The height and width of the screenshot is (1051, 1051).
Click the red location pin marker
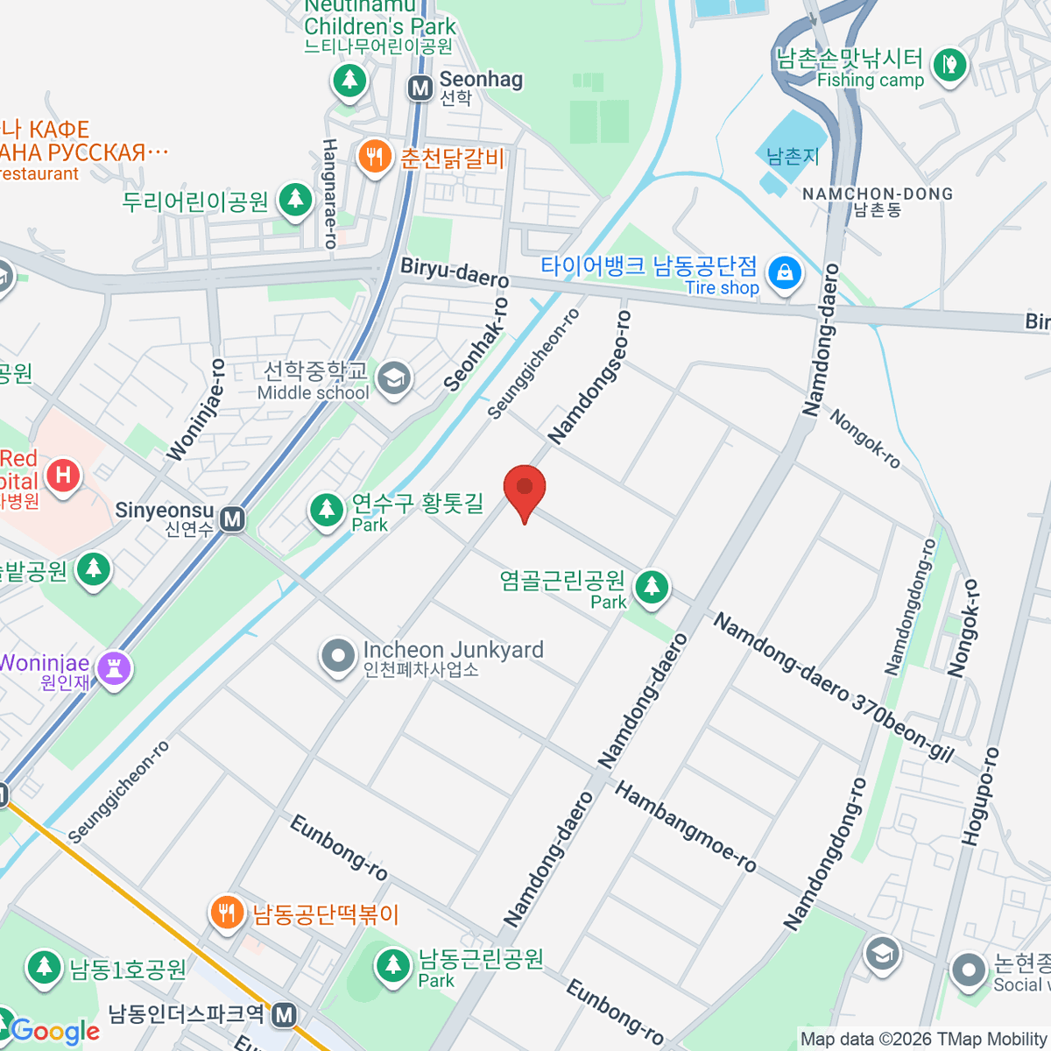[x=525, y=489]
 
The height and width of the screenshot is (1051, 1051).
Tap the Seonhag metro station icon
[x=420, y=88]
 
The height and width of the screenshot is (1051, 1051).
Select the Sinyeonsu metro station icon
[x=232, y=519]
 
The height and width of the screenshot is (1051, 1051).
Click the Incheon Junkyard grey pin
[x=337, y=657]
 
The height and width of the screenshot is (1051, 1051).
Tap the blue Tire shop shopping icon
[x=785, y=274]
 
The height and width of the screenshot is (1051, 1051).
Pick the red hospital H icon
[x=63, y=476]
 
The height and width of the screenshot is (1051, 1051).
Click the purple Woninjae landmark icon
[x=114, y=669]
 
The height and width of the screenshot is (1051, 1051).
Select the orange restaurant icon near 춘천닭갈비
[x=375, y=158]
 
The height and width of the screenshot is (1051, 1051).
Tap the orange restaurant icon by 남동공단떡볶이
[x=227, y=913]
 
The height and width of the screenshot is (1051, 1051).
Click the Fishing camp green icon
[x=949, y=66]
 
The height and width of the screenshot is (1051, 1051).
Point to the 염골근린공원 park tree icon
[x=652, y=587]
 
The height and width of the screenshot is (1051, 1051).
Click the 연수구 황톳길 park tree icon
[x=327, y=510]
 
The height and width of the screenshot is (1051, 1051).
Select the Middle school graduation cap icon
[x=393, y=379]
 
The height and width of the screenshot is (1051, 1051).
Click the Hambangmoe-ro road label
[x=685, y=827]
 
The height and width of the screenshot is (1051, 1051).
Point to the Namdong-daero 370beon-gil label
[x=832, y=688]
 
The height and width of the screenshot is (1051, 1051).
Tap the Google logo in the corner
[x=56, y=1031]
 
